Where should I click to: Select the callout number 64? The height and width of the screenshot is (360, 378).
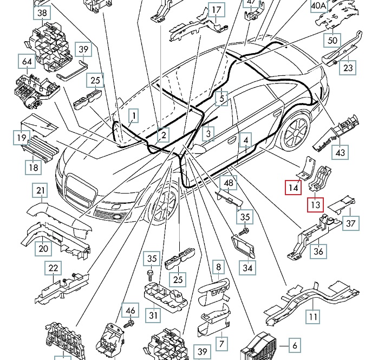point(27,61)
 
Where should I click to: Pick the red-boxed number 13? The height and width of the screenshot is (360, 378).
point(315,204)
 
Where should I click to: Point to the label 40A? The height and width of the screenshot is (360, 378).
point(319,5)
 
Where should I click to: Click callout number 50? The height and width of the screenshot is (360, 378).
point(333,40)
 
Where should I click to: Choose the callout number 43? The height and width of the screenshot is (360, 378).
point(340,153)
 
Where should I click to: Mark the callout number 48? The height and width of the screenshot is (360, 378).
point(229,183)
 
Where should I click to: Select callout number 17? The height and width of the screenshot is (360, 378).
point(216,10)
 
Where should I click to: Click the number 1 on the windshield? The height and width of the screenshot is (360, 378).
point(133,115)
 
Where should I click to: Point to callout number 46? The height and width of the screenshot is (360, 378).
point(130,311)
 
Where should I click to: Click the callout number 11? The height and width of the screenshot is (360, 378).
point(314,316)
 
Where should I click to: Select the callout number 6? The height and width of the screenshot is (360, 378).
point(294,345)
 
